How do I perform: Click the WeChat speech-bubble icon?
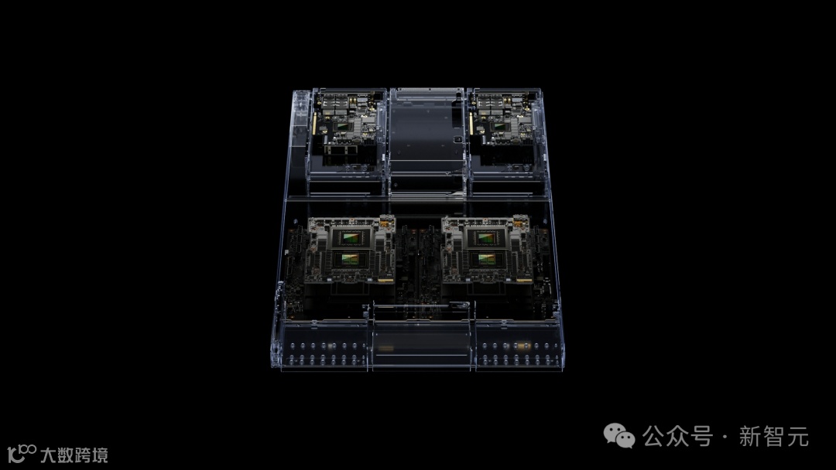point(619,436)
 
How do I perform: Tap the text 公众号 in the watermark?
point(677,437)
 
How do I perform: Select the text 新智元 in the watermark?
point(773,437)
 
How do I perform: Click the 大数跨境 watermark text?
point(74,455)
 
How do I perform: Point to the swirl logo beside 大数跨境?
point(22,454)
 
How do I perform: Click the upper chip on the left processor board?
point(351,237)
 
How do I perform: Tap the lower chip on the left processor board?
point(351,259)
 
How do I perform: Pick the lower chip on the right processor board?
point(485,259)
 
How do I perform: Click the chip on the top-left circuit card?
point(342,127)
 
